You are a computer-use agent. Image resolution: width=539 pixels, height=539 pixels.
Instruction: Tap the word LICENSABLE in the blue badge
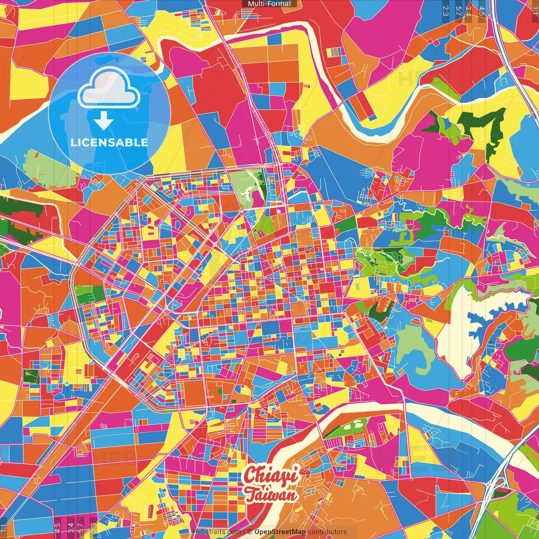coord(109,142)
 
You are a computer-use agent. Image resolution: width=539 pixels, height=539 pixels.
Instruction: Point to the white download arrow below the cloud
coord(104,121)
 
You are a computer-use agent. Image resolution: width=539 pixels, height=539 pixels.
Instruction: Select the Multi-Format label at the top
coord(269,4)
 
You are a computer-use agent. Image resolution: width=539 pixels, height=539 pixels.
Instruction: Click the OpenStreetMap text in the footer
coord(280,532)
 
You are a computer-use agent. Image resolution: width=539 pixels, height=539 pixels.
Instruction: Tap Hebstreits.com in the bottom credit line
coord(216,532)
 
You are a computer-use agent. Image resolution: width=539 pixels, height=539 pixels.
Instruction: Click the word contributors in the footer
coord(327,532)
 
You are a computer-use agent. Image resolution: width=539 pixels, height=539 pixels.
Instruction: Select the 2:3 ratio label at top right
coord(446,11)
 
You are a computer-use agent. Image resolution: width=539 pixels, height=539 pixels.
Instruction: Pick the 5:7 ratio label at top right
coord(459,11)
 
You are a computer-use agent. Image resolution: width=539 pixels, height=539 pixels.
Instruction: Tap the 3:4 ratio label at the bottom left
coord(70,527)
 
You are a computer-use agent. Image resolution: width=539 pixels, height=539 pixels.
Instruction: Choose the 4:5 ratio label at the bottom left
coord(57,527)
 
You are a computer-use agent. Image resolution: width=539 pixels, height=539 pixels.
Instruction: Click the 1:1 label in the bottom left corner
coord(4,528)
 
